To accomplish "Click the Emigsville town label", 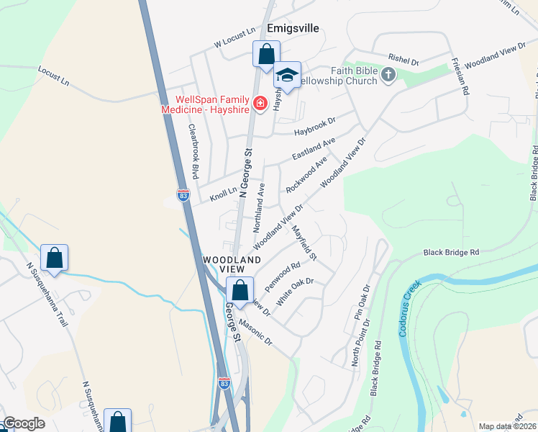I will (x=292, y=29).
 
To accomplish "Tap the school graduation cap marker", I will (x=287, y=76).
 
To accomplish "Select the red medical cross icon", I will (x=258, y=104).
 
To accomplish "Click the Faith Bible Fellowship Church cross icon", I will (x=388, y=75).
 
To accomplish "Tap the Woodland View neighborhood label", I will (x=231, y=264).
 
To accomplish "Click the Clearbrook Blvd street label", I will (x=193, y=151).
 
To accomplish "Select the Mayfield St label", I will (x=304, y=242).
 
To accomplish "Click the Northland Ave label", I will (x=260, y=207).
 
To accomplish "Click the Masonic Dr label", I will (x=256, y=330).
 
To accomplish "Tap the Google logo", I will (x=24, y=423).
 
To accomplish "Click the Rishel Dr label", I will (x=403, y=62).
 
